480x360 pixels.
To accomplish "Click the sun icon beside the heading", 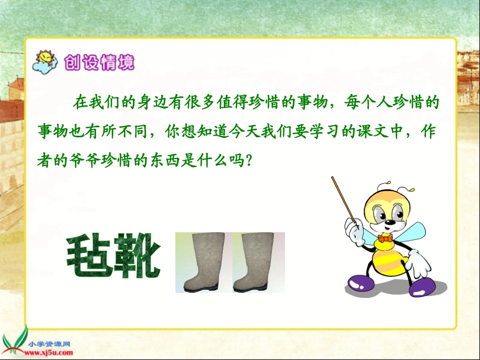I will click(x=45, y=62).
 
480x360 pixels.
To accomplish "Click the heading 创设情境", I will click(x=99, y=63).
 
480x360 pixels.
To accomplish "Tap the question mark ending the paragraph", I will click(x=248, y=161).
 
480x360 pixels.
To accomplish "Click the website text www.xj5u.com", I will click(x=52, y=352).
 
